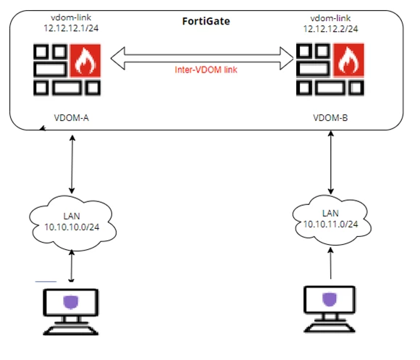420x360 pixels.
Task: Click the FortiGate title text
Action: (206, 21)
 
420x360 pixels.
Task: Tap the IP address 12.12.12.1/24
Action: (71, 28)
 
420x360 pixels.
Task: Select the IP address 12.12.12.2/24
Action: (330, 29)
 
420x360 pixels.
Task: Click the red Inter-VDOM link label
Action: (206, 70)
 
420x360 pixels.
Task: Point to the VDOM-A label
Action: (71, 118)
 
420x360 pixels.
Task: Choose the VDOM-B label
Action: (330, 118)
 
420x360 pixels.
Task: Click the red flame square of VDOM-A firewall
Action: (85, 61)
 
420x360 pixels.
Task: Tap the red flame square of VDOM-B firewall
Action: (348, 60)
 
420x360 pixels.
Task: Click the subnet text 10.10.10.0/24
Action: (72, 227)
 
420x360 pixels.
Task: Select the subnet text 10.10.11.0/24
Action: (330, 225)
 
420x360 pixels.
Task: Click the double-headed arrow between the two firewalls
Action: (202, 59)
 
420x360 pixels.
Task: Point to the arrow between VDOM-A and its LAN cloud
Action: (72, 164)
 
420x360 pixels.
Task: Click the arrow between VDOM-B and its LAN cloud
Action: (331, 162)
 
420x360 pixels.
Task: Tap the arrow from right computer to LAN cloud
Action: (331, 263)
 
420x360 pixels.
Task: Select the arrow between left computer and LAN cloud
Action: (71, 266)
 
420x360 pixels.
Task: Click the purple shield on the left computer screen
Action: (71, 302)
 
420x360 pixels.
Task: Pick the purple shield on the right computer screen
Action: (329, 299)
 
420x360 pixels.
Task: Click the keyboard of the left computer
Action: (71, 330)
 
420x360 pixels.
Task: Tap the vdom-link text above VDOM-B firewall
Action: (330, 18)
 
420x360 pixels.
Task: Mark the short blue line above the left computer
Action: (46, 282)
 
